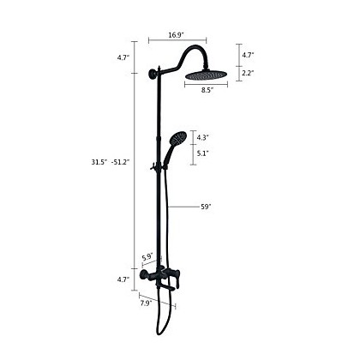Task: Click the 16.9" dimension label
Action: click(176, 35)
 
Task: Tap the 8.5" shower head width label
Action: click(207, 90)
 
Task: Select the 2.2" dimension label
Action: click(248, 73)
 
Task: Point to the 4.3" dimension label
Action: click(202, 137)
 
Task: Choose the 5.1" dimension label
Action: click(202, 153)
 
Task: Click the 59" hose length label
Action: click(206, 207)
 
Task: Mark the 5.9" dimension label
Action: click(147, 256)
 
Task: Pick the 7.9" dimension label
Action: click(147, 303)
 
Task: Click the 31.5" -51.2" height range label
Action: click(111, 162)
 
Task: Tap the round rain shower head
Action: click(206, 75)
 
